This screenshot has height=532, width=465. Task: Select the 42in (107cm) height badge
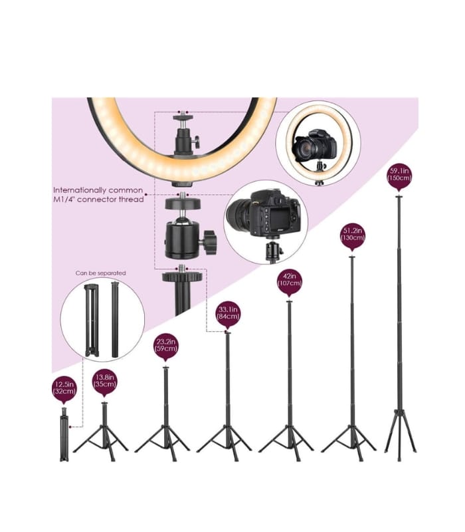pyautogui.click(x=290, y=281)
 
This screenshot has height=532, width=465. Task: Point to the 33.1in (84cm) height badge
pyautogui.click(x=228, y=313)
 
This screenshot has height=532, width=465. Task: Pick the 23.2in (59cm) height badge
pyautogui.click(x=166, y=348)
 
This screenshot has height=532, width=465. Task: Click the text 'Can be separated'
pyautogui.click(x=100, y=273)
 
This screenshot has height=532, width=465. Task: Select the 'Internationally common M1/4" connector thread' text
pyautogui.click(x=98, y=194)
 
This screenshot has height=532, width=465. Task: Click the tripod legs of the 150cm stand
pyautogui.click(x=401, y=432)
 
